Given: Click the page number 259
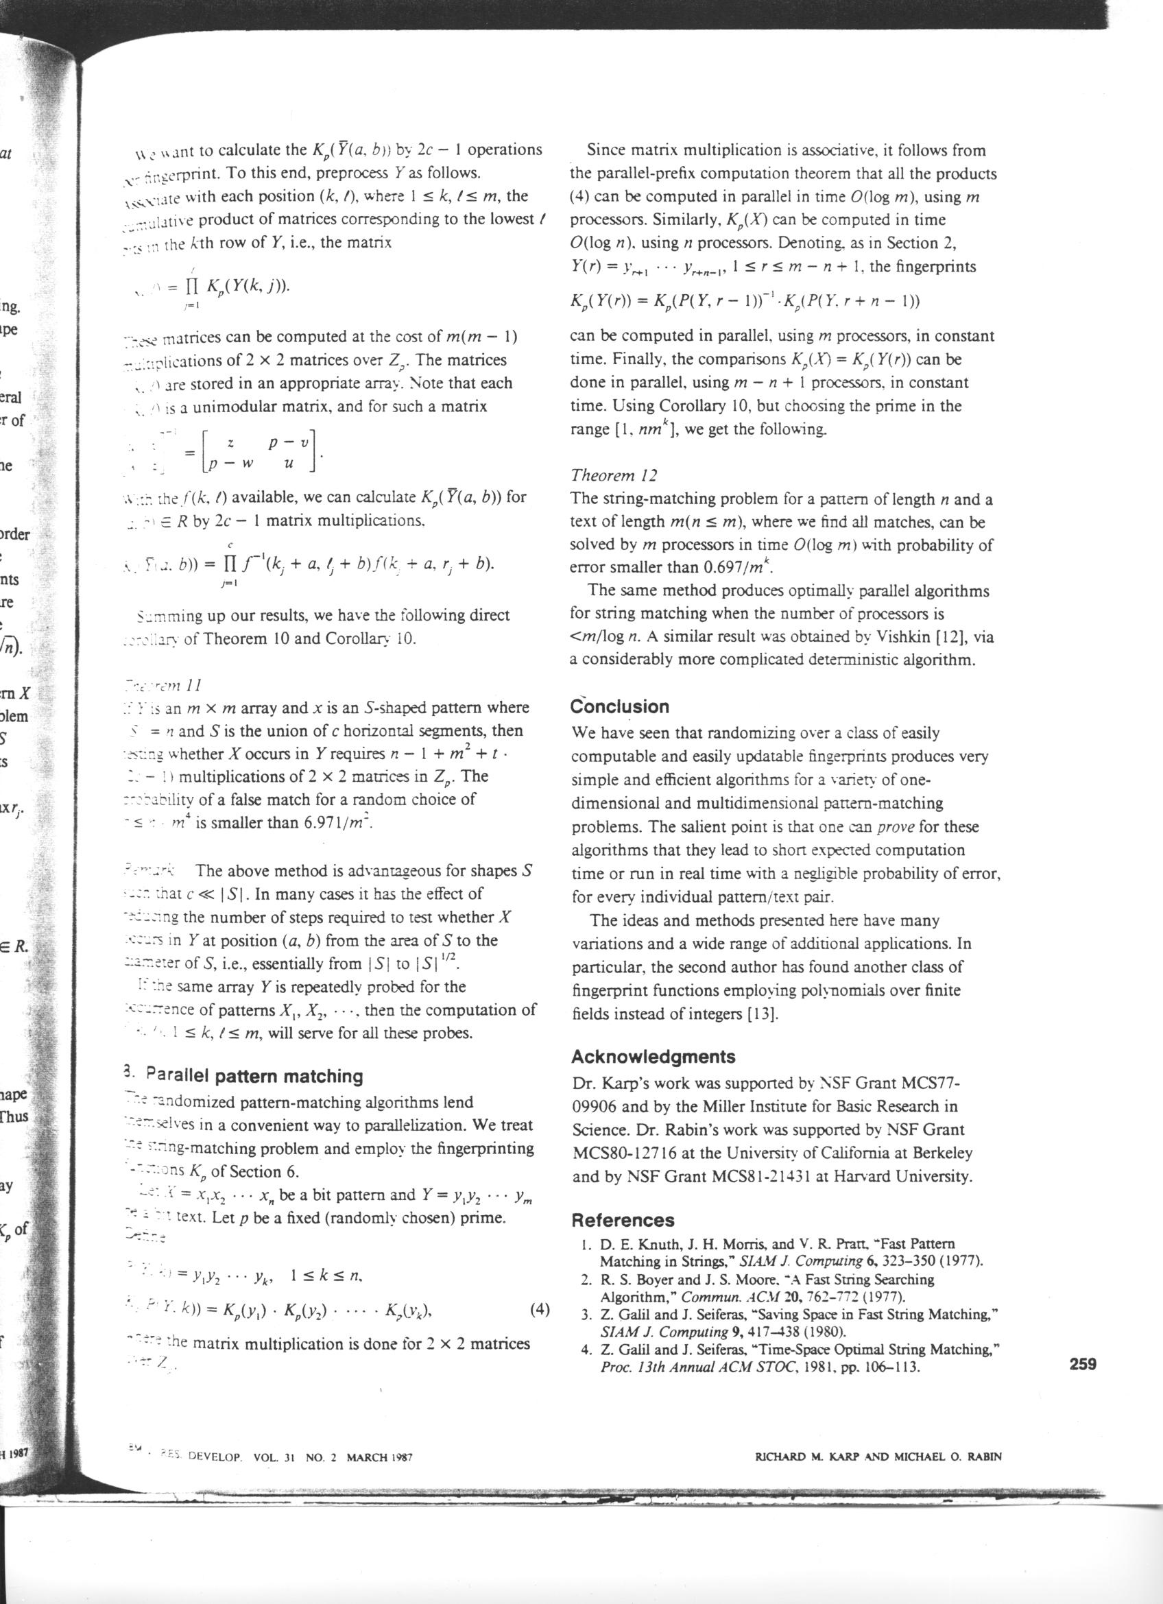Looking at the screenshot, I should (x=1082, y=1364).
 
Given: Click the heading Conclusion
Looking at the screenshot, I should (x=619, y=706).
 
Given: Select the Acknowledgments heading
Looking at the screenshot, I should (x=653, y=1057).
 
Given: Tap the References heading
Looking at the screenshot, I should (x=622, y=1220).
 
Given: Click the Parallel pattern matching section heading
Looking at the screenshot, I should (x=254, y=1077).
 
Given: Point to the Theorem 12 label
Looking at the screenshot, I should (x=614, y=475).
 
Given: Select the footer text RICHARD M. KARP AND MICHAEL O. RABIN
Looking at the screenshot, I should (x=879, y=1456).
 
